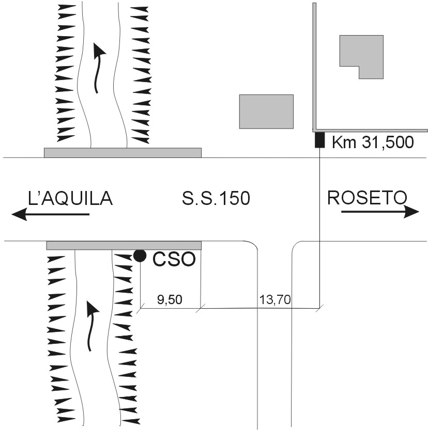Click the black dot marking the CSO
140,256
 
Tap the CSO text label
174,259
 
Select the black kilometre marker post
319,140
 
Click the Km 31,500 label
373,142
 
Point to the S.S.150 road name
216,198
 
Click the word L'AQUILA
70,198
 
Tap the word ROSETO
367,197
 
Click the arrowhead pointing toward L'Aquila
19,214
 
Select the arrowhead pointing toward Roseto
411,212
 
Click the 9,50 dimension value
170,300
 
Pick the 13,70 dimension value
275,299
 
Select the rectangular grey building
266,112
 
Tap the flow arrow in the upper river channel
98,69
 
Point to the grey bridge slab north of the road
123,153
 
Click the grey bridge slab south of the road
124,245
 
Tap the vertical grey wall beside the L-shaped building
314,66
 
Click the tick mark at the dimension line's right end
319,308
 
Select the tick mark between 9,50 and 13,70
201,308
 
